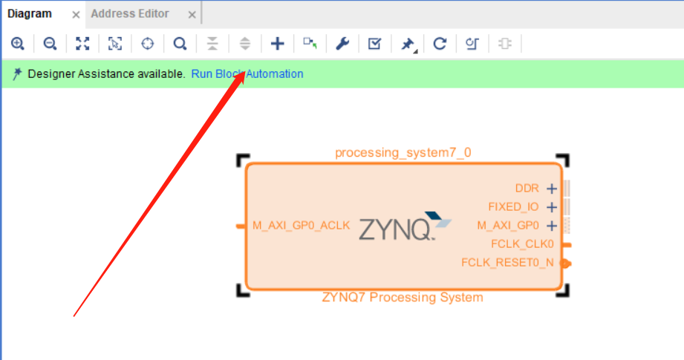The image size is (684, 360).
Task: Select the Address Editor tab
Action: pyautogui.click(x=130, y=13)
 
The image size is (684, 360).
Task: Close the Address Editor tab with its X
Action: pyautogui.click(x=192, y=14)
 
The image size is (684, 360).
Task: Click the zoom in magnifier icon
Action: pyautogui.click(x=18, y=44)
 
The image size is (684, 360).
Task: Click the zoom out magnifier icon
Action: pyautogui.click(x=50, y=44)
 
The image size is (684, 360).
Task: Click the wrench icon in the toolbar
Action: pyautogui.click(x=342, y=44)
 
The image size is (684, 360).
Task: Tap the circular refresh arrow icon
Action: pyautogui.click(x=440, y=44)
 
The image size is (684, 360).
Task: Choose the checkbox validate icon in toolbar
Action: pyautogui.click(x=375, y=44)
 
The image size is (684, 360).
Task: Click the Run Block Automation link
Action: pyautogui.click(x=247, y=74)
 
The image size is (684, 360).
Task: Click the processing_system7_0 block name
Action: pyautogui.click(x=403, y=153)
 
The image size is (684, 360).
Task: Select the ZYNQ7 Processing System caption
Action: pyautogui.click(x=403, y=298)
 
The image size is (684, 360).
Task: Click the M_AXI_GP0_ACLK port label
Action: pyautogui.click(x=301, y=226)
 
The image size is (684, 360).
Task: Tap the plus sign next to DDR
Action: pyautogui.click(x=552, y=189)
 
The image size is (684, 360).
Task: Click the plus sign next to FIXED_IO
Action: pyautogui.click(x=552, y=207)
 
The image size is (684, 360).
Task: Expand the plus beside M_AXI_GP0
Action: pyautogui.click(x=552, y=226)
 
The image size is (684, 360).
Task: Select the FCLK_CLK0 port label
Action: pyautogui.click(x=522, y=243)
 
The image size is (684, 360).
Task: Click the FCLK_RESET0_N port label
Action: pyautogui.click(x=507, y=262)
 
